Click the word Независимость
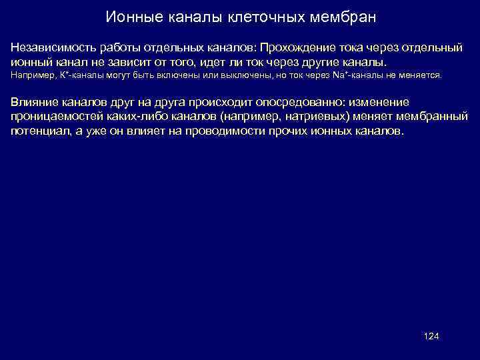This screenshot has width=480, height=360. click(x=52, y=48)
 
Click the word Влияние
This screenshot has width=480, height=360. click(x=32, y=103)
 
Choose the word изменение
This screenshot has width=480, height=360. click(x=376, y=103)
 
